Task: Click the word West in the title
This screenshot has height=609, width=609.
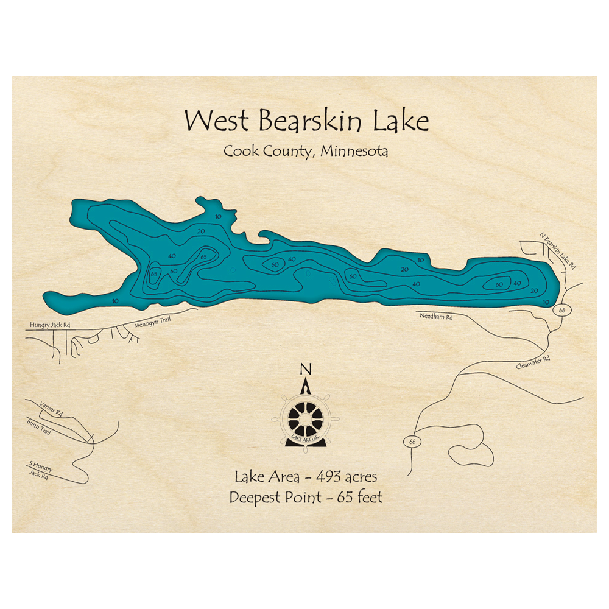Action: coord(213,121)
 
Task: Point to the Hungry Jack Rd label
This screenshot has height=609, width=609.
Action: coord(50,325)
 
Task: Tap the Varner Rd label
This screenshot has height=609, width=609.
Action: coord(51,406)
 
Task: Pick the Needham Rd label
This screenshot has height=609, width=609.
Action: coord(436,317)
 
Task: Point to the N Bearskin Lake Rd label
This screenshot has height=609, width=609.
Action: coord(558,250)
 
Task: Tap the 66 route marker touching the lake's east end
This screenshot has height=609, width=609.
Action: coord(560,311)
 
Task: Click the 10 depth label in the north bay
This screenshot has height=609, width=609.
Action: coord(218,217)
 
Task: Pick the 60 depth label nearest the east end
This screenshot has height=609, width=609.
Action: coord(499,284)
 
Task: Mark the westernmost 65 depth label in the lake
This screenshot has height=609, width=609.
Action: coord(154,274)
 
